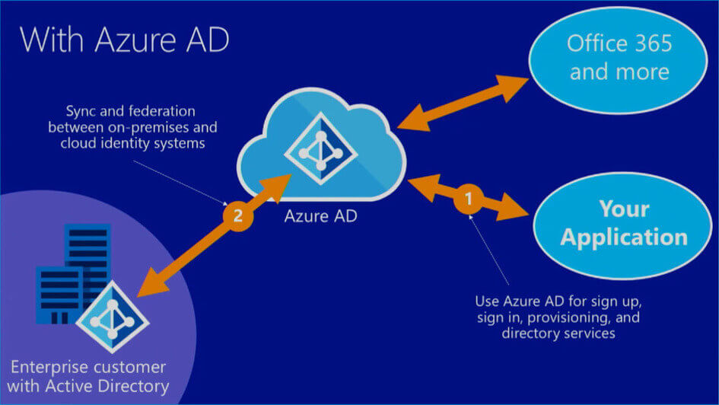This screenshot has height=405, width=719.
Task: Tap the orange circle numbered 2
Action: coord(237,215)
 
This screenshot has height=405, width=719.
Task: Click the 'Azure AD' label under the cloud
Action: coord(319,215)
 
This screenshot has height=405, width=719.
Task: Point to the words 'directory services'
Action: coord(558,333)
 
